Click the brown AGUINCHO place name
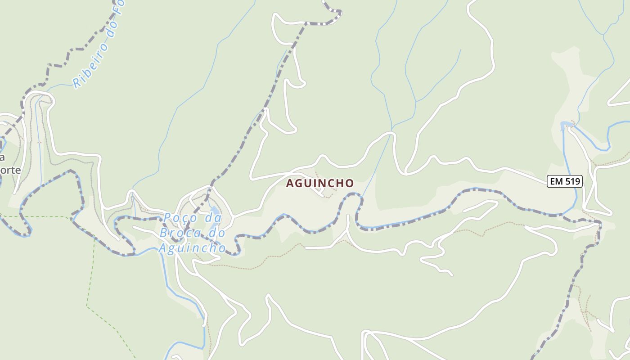[320, 183]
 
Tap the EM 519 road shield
[565, 181]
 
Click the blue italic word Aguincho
[192, 248]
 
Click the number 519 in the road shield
[572, 181]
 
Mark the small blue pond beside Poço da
[215, 211]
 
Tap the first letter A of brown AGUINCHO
[290, 183]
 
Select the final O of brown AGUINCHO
[350, 183]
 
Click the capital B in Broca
[164, 233]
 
